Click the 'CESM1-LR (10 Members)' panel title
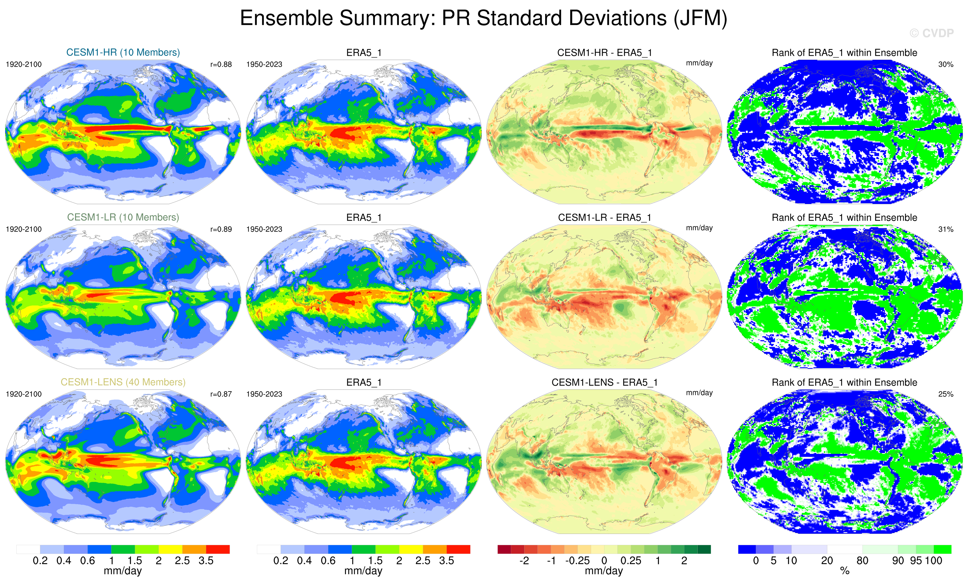coord(123,217)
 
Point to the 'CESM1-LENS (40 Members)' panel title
coord(123,382)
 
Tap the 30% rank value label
coord(945,64)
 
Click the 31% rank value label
coord(945,229)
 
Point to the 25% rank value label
coord(945,394)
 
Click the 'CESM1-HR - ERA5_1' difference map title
coord(604,53)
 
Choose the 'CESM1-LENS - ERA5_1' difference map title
coord(604,382)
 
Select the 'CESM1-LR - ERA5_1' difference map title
coord(604,217)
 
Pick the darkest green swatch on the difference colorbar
coord(704,549)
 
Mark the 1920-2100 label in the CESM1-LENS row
coord(24,394)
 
